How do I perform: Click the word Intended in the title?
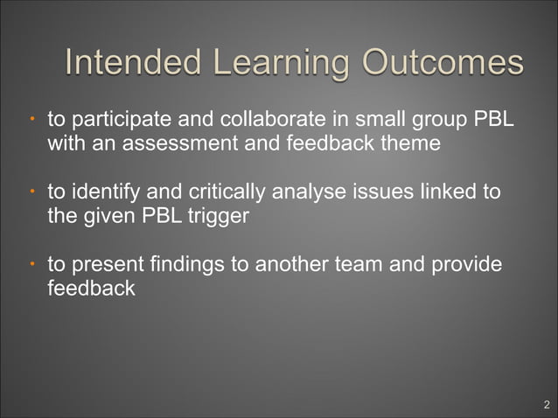tap(131, 63)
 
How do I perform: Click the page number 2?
tap(546, 404)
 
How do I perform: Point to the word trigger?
tap(220, 214)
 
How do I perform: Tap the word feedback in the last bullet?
tap(90, 287)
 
